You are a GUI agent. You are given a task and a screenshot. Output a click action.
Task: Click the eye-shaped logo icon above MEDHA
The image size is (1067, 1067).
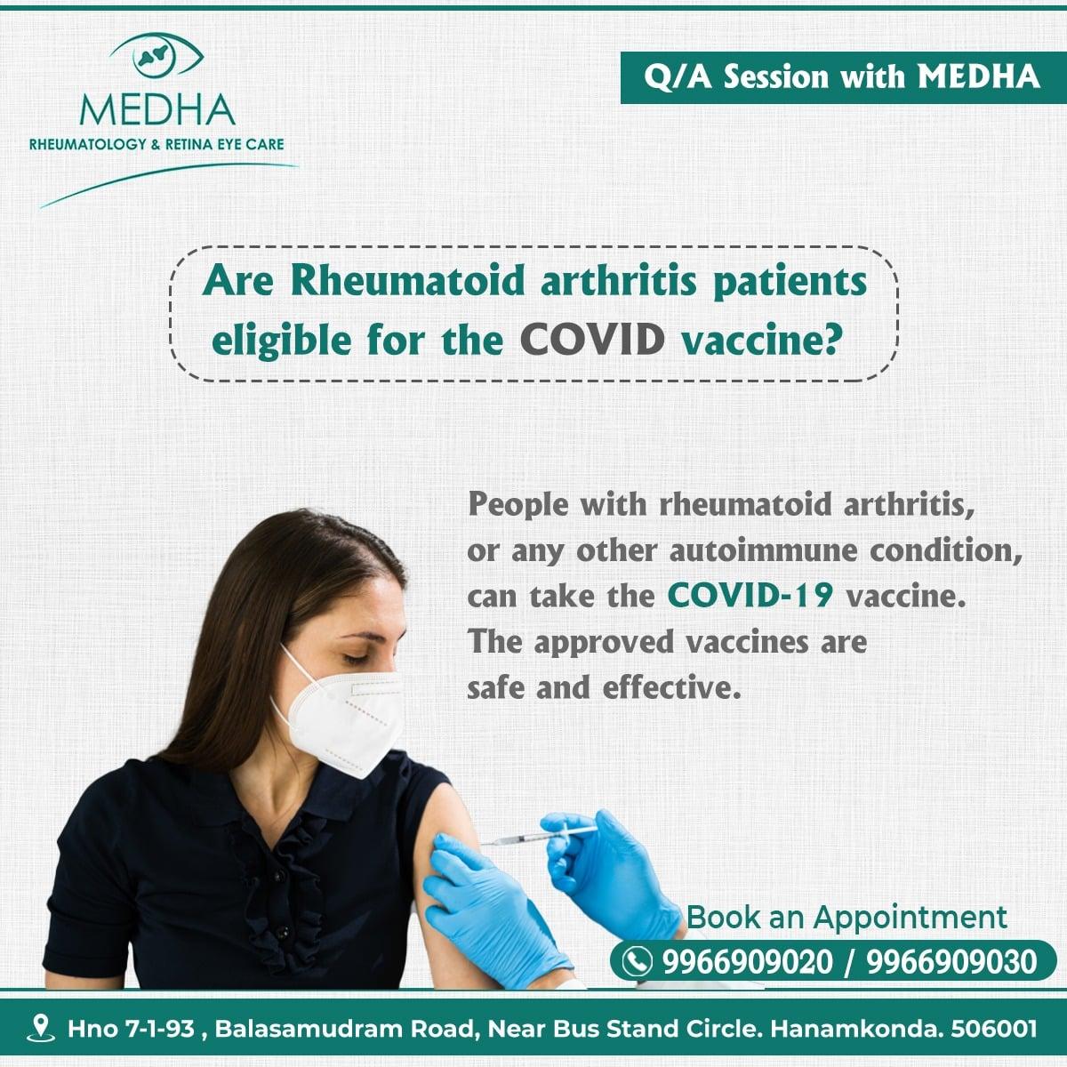pos(156,56)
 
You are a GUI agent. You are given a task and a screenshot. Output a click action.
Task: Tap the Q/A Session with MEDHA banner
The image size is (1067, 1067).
pos(843,77)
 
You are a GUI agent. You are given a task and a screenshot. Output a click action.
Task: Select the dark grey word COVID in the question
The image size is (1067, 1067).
pos(592,340)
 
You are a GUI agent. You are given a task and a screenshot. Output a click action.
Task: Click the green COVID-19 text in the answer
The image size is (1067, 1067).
pos(750,595)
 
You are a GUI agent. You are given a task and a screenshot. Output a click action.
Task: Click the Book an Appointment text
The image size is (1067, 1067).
pos(846,917)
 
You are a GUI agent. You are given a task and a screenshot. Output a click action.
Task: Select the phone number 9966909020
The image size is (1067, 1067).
pos(748,961)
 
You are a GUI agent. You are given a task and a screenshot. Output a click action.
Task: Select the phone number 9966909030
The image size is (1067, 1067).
pos(951,961)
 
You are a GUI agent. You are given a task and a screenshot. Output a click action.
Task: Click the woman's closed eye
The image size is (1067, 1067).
pos(356,658)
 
